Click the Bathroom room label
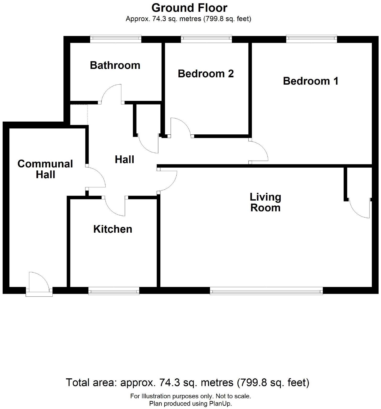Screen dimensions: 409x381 coord(115,65)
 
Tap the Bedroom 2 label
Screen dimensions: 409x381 coord(206,74)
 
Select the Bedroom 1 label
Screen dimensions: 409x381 coord(311,81)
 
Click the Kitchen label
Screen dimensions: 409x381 coord(113,229)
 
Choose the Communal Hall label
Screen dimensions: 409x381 coord(45,169)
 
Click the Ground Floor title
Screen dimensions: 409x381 coord(189,8)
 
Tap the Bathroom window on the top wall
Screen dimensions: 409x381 coord(116,39)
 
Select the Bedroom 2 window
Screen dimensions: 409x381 coord(206,39)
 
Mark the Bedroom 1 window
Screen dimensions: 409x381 coord(311,39)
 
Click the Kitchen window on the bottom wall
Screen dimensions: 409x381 coord(114,291)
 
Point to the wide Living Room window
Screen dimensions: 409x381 coord(266,291)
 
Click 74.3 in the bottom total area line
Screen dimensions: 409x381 coord(167,383)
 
